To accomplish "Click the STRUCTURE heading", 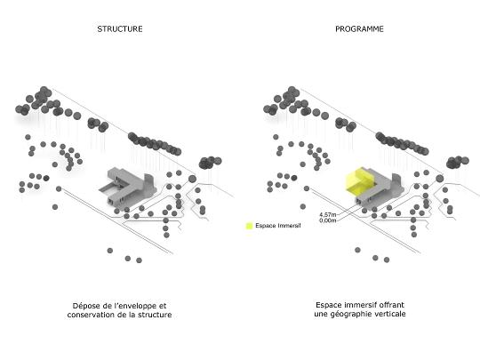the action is [120, 29].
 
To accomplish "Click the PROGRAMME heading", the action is [359, 29].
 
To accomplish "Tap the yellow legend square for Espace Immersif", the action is [249, 226].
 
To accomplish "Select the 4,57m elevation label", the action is [327, 215].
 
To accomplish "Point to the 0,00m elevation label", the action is [327, 220].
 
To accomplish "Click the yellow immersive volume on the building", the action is [358, 182].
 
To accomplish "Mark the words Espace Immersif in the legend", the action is [278, 226].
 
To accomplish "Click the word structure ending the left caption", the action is [155, 315].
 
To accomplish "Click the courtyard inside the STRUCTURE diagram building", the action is [109, 188].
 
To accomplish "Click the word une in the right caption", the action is [321, 314].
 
